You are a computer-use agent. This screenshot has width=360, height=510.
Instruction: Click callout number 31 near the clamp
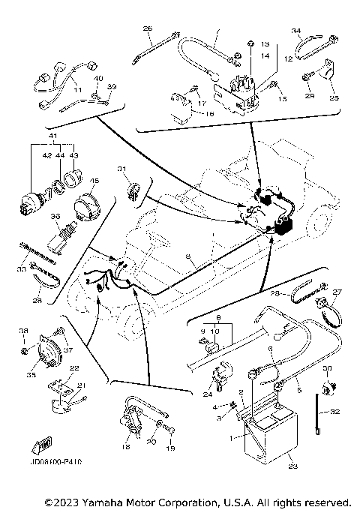tap(121, 169)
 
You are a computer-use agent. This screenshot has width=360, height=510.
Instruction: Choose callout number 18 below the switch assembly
tap(126, 446)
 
